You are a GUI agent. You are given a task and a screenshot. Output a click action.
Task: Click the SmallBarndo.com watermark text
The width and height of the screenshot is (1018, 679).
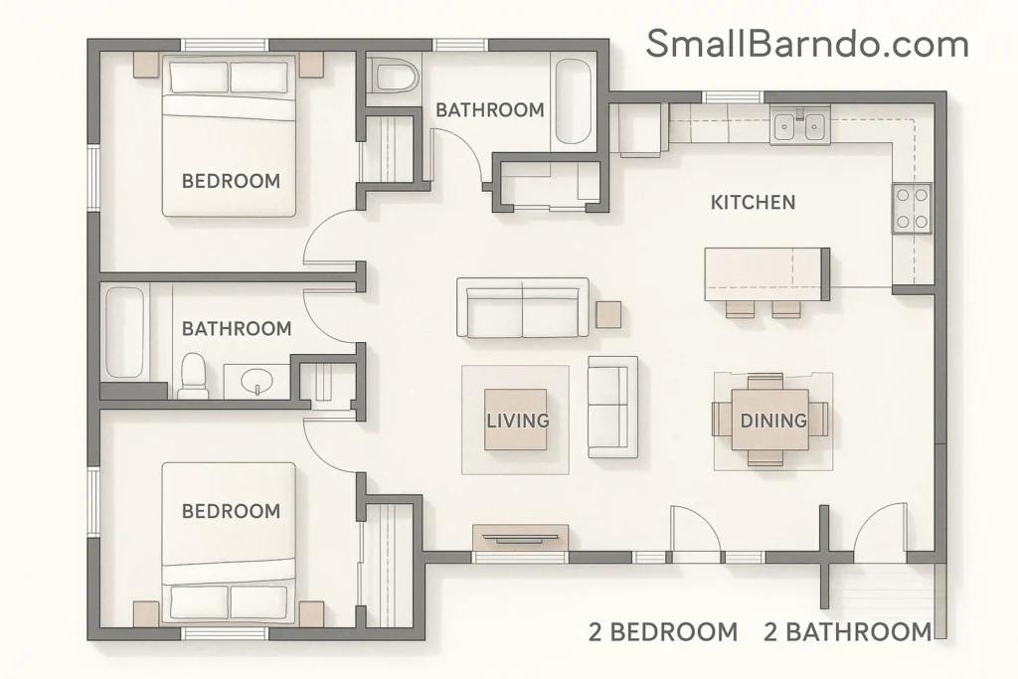coord(806,44)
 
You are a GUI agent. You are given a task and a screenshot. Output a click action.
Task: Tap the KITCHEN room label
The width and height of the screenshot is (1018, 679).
coord(753,203)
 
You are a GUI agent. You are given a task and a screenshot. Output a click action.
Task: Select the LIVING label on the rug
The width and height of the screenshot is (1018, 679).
coord(517,421)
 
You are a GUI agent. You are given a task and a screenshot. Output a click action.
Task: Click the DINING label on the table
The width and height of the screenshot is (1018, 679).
coord(773,421)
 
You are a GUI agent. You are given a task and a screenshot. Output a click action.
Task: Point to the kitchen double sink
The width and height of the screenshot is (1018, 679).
coord(799,125)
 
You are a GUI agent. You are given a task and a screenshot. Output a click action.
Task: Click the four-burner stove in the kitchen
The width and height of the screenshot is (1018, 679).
coord(912,209)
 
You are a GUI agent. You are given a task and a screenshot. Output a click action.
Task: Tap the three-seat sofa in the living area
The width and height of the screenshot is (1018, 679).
coord(522,308)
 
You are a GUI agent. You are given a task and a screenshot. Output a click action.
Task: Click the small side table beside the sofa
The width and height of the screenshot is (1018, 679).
coord(608,314)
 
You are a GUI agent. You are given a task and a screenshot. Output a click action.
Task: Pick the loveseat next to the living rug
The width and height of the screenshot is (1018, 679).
coord(609,406)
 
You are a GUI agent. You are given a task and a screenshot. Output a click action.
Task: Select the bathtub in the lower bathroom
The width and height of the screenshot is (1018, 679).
coord(125,333)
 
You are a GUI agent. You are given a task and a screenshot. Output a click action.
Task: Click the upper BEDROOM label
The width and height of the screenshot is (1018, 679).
coord(231,182)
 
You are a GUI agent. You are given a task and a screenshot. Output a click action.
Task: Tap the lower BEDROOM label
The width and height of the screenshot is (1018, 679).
coord(231,512)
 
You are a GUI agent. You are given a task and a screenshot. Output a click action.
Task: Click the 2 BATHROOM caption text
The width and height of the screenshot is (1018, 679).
coord(847,632)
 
